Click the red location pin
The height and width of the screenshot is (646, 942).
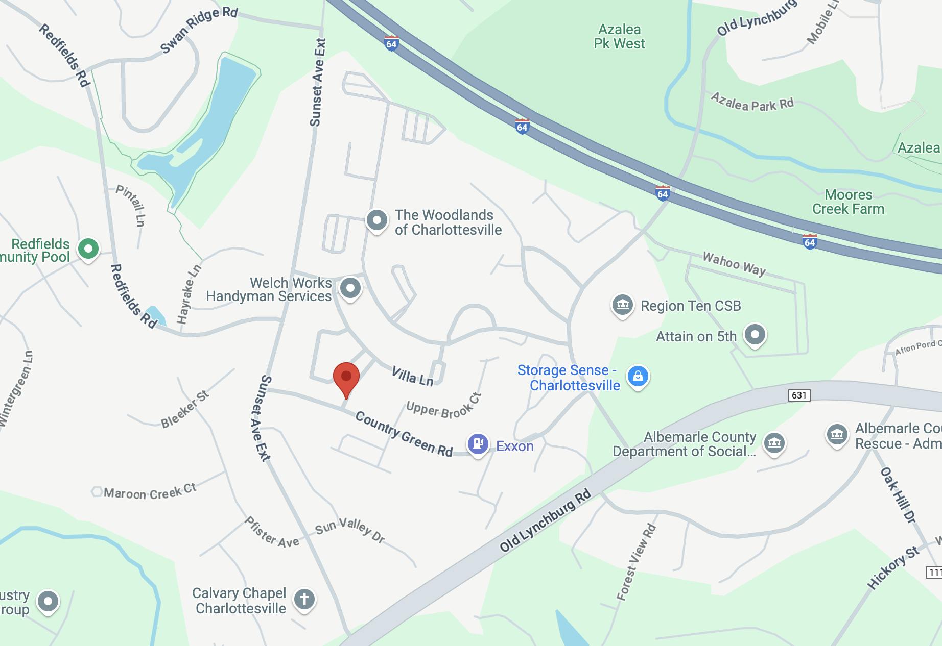[346, 378]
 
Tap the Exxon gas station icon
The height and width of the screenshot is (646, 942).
[478, 443]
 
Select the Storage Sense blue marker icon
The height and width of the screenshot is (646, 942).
[638, 377]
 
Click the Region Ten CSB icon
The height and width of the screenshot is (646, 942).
[623, 305]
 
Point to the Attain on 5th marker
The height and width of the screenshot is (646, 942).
[755, 335]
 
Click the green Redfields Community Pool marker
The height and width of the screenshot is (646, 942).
[88, 249]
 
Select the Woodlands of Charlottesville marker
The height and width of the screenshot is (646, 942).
[377, 220]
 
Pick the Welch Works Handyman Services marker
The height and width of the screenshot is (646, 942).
[350, 288]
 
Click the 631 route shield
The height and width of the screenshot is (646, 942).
[799, 395]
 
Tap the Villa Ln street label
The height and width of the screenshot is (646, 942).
[412, 377]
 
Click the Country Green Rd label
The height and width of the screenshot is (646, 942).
[404, 434]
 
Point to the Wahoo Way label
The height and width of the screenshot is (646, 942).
[734, 263]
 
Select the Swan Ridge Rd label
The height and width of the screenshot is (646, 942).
[199, 30]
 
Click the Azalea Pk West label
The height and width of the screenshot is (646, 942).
[619, 37]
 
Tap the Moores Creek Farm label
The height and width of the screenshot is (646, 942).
[848, 202]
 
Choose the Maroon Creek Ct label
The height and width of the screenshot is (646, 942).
[150, 492]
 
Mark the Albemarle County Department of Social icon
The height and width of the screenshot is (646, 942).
[774, 443]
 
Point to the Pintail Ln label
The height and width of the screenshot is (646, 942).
[131, 205]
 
